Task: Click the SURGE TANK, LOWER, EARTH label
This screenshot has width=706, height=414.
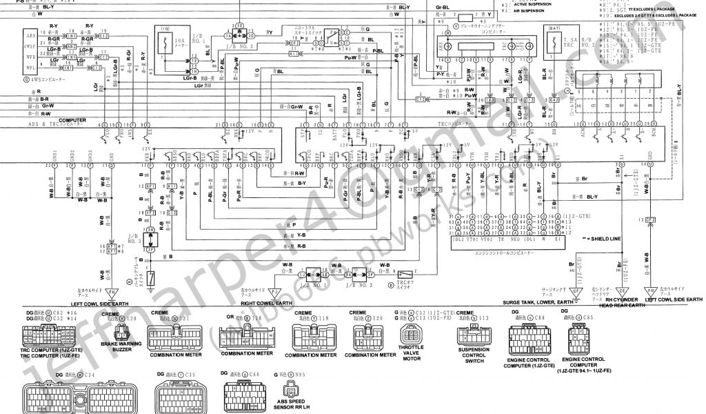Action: (x=539, y=302)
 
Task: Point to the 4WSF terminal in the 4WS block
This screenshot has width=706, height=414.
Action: (x=30, y=50)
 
